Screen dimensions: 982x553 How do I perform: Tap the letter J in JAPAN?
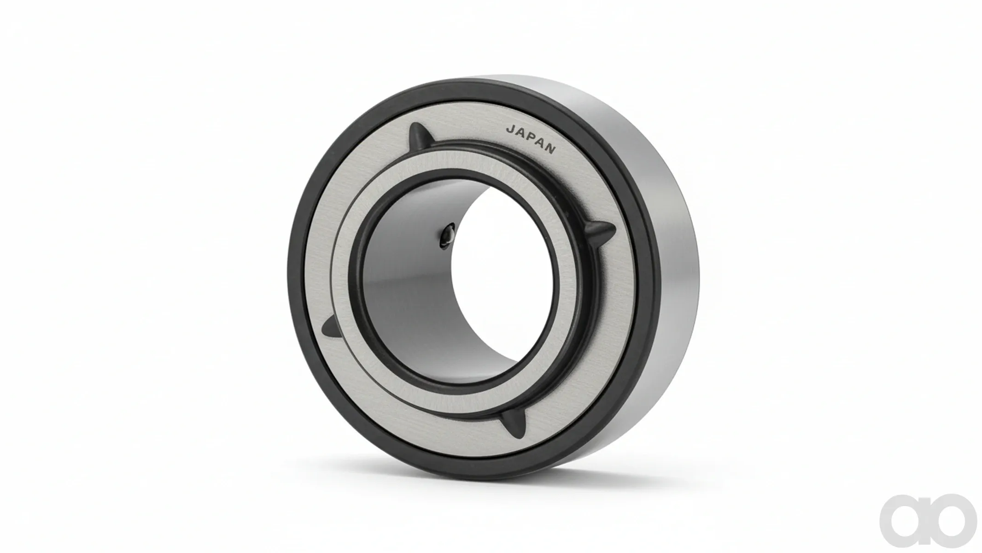(509, 129)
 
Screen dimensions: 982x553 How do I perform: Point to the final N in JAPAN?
(551, 149)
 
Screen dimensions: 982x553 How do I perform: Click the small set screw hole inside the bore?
(447, 235)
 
